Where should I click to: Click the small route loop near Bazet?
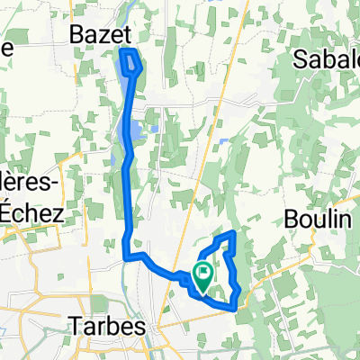click(x=131, y=63)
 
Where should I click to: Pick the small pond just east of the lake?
click(x=155, y=129)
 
